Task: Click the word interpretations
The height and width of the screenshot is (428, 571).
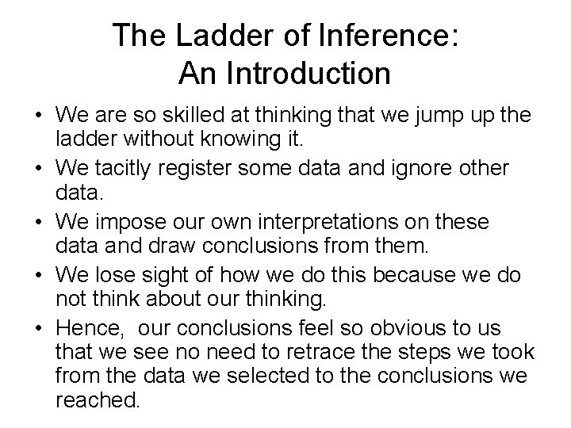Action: (x=351, y=221)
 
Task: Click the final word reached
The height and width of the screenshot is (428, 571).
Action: (x=98, y=401)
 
